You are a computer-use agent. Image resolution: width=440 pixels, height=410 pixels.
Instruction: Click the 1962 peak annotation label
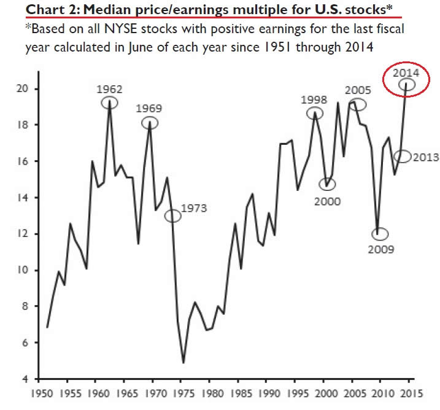[109, 88]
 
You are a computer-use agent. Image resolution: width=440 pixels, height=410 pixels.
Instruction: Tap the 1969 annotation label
[149, 109]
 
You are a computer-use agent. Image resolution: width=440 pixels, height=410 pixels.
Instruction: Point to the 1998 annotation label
[314, 99]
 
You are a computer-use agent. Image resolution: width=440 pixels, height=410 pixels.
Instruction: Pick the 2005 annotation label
[358, 90]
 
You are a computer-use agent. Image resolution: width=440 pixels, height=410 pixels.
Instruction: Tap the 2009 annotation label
[382, 249]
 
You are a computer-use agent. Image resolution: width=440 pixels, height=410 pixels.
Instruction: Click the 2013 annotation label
[425, 157]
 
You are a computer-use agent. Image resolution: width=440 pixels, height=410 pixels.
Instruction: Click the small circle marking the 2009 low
[380, 234]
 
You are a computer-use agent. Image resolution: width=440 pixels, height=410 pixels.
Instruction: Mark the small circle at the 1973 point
[173, 215]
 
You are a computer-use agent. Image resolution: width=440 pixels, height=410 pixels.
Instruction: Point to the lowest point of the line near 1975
[183, 363]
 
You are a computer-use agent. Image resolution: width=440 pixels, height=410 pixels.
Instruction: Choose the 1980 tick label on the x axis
[210, 394]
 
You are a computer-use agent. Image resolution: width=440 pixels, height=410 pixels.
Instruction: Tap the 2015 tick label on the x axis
[409, 394]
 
